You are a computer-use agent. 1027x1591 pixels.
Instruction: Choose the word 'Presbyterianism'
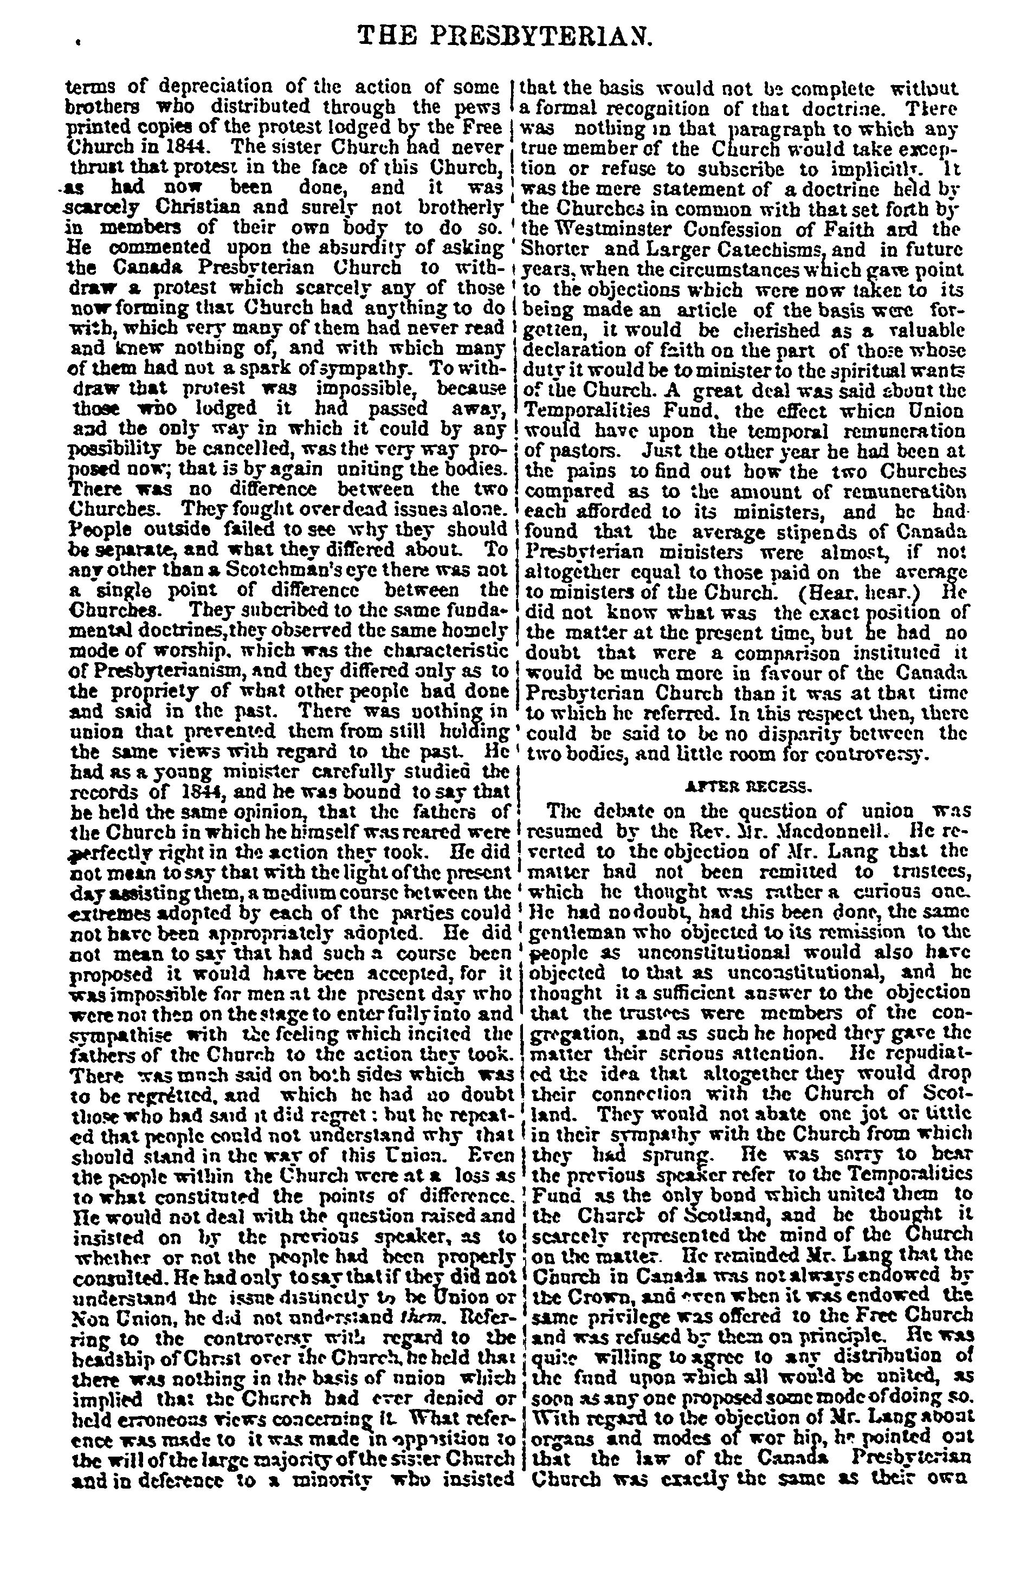pyautogui.click(x=171, y=671)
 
